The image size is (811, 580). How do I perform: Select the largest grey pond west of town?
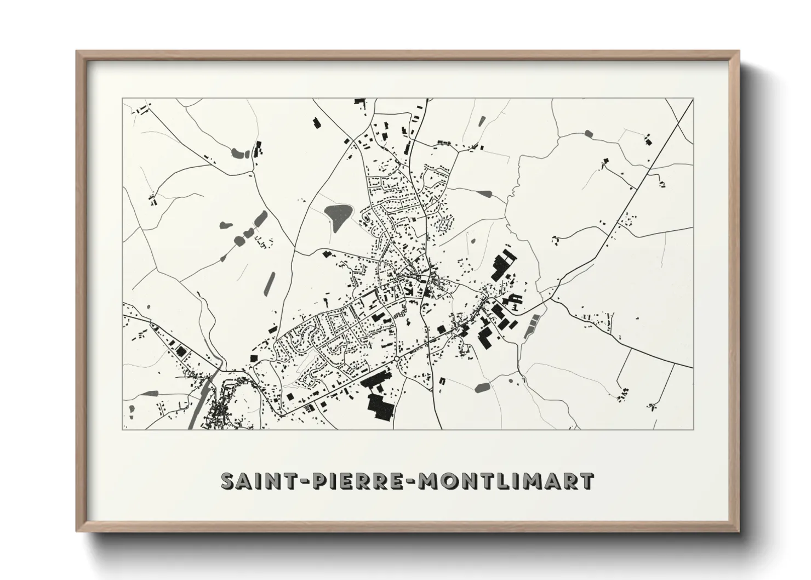pyautogui.click(x=338, y=212)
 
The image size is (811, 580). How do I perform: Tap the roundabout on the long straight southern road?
pyautogui.click(x=396, y=359)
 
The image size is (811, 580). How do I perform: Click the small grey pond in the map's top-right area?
pyautogui.click(x=589, y=133)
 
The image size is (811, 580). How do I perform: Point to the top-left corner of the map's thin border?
pyautogui.click(x=122, y=99)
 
